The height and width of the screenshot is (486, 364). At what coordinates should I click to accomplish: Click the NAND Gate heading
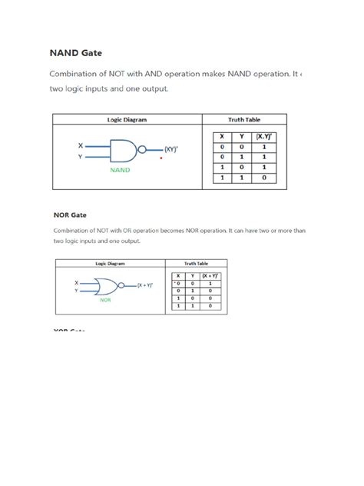[x=75, y=55]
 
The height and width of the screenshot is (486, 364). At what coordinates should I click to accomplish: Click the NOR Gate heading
[x=69, y=215]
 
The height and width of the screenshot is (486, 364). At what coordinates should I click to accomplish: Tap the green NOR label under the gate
[x=106, y=301]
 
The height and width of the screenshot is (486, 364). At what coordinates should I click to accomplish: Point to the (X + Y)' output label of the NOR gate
[x=145, y=285]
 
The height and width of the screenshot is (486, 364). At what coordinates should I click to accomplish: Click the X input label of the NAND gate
[x=81, y=145]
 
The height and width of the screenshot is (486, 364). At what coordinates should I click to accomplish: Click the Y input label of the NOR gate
[x=76, y=291]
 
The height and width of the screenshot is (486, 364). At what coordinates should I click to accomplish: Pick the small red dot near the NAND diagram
[x=160, y=159]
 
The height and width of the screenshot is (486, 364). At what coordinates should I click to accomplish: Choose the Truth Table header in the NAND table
[x=244, y=120]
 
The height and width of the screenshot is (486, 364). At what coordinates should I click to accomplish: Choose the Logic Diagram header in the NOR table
[x=111, y=263]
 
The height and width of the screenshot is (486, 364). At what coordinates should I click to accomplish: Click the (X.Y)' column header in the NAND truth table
[x=263, y=136]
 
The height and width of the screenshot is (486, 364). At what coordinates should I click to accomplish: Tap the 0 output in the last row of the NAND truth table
[x=263, y=177]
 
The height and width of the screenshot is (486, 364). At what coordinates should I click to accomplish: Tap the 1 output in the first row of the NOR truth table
[x=210, y=283]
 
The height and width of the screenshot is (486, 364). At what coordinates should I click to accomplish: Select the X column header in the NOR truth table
[x=178, y=275]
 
